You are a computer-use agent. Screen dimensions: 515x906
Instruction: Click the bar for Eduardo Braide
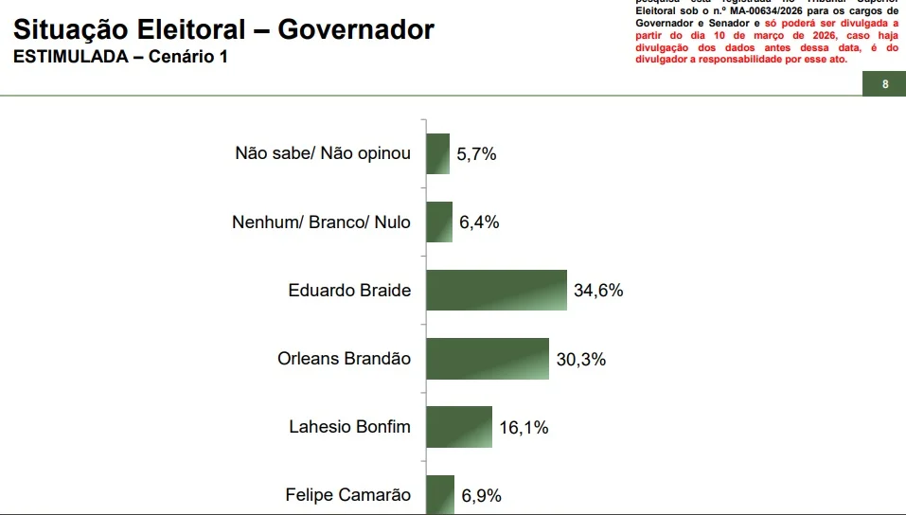[496, 291]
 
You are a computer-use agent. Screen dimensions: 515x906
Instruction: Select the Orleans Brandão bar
[488, 359]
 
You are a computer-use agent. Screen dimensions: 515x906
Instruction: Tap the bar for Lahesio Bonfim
[459, 427]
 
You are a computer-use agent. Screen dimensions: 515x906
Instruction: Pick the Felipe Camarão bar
[440, 494]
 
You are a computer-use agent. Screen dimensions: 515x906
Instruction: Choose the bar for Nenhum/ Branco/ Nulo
[439, 222]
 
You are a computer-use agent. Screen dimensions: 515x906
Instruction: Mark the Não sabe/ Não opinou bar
[437, 153]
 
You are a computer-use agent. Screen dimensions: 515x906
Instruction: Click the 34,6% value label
[598, 291]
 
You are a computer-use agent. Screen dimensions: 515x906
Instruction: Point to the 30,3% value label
[580, 360]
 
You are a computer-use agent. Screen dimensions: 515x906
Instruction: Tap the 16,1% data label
[524, 428]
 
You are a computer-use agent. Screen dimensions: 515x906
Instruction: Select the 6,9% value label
[481, 495]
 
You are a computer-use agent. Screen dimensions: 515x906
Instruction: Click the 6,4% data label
[479, 222]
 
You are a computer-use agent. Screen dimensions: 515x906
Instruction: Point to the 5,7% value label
[476, 154]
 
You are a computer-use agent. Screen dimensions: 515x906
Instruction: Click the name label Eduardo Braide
[349, 291]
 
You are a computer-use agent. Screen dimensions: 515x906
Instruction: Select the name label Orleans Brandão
[345, 359]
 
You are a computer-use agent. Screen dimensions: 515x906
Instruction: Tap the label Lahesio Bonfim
[349, 427]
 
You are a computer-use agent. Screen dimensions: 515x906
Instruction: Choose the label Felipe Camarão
[347, 495]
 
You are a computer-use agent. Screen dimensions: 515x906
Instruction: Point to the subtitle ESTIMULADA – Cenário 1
[120, 57]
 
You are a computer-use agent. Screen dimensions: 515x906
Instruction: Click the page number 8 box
[884, 84]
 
